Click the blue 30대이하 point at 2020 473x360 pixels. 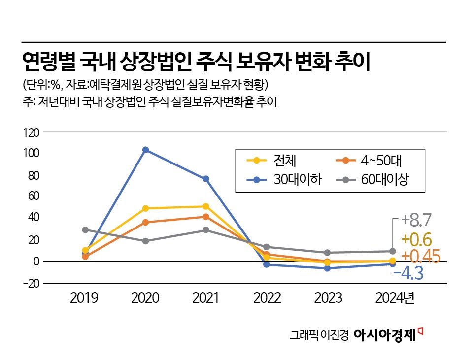pos(145,150)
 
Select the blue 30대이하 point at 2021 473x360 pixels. pos(206,179)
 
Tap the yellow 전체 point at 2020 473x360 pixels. pos(145,208)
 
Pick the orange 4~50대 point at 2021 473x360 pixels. pos(206,217)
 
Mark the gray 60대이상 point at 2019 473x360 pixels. pos(85,229)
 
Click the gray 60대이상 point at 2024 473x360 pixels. pos(392,251)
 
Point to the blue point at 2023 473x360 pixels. pos(327,268)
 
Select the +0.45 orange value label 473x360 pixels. pos(420,256)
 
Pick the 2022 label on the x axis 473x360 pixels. pos(267,298)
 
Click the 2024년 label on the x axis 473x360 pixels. pos(394,298)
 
